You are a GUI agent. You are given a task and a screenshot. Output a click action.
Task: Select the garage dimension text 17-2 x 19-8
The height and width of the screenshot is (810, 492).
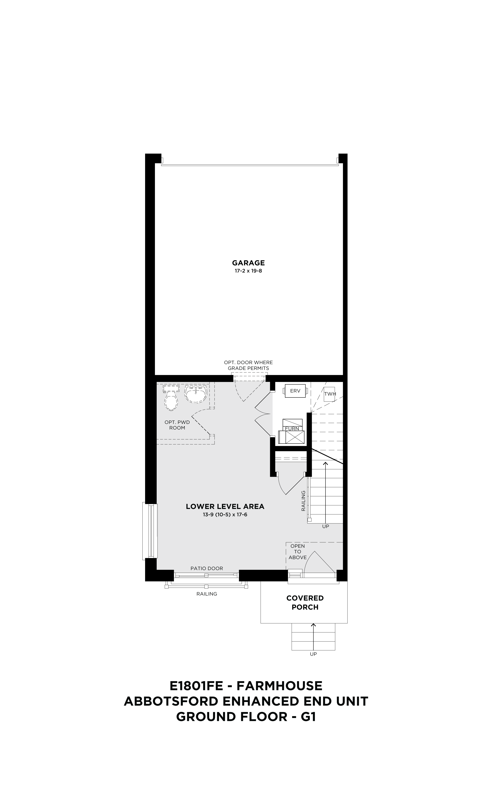click(248, 271)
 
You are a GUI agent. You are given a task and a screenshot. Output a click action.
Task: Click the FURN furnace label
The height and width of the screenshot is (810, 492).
click(292, 429)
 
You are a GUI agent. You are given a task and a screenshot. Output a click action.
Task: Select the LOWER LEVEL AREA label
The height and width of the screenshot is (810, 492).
click(225, 507)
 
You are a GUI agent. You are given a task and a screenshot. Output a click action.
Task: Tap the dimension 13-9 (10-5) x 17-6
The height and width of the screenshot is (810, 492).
click(225, 515)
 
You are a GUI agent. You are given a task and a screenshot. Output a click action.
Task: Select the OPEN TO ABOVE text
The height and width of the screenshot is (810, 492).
click(298, 552)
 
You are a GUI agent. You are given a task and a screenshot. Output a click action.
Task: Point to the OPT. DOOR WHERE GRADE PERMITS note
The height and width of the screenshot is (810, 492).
click(248, 365)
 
